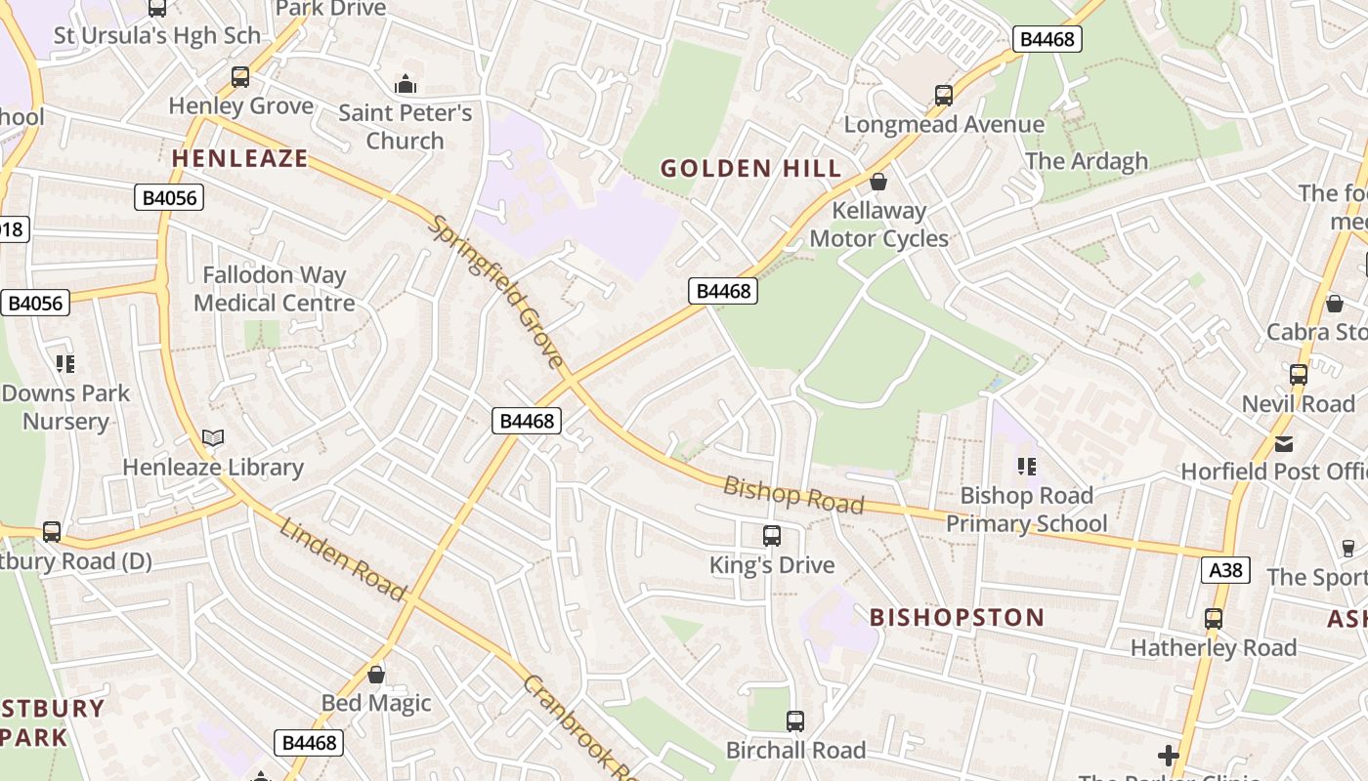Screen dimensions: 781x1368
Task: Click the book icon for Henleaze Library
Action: coord(212,438)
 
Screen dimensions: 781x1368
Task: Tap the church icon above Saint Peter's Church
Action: coord(405,84)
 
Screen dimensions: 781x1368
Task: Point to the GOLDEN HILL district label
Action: coord(750,168)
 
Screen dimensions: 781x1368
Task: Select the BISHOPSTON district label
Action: coord(957,617)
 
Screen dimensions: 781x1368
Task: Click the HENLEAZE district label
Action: coord(239,158)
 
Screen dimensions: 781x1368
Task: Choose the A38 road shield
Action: coord(1225,570)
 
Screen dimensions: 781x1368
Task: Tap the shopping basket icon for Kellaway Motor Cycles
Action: coord(877,182)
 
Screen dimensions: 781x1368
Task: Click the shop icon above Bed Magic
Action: coord(375,675)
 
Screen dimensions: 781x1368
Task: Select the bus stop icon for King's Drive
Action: coord(771,535)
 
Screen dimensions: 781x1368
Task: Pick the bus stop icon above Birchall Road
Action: coord(795,721)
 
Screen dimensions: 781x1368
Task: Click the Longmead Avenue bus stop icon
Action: coord(943,96)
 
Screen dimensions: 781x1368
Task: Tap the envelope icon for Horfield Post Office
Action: coord(1283,443)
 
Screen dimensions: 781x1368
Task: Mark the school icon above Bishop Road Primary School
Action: coord(1026,467)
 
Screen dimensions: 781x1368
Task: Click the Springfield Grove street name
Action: coord(497,293)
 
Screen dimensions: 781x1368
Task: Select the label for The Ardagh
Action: coord(1086,161)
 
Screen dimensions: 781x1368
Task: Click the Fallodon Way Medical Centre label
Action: coord(274,289)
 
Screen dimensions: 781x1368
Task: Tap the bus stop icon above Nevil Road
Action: coord(1298,375)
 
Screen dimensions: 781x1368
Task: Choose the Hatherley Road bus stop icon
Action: coord(1213,618)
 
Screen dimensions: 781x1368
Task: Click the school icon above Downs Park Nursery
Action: coord(65,364)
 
